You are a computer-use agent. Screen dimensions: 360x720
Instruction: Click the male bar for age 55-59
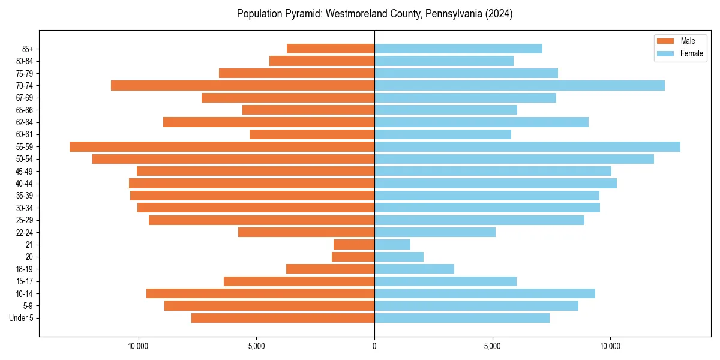(222, 146)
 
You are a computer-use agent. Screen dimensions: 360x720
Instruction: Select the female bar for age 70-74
(520, 85)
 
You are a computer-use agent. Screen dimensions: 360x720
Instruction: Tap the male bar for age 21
(354, 244)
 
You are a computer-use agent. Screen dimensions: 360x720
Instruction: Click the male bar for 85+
(331, 49)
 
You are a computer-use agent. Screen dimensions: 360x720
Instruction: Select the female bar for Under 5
(462, 318)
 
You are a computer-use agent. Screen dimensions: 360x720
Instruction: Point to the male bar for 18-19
(330, 269)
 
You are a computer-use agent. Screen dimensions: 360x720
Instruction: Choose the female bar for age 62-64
(481, 122)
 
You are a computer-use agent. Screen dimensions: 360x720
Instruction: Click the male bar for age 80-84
(322, 61)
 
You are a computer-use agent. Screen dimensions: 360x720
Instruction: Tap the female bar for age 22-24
(435, 232)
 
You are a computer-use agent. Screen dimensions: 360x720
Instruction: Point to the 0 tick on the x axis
(374, 346)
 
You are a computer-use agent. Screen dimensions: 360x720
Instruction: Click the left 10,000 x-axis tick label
(138, 346)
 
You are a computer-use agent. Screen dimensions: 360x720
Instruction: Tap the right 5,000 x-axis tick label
(492, 346)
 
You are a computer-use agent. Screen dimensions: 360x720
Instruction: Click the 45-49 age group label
(25, 171)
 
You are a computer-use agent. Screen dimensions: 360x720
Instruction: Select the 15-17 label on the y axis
(25, 281)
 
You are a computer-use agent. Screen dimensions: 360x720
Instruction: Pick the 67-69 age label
(25, 98)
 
